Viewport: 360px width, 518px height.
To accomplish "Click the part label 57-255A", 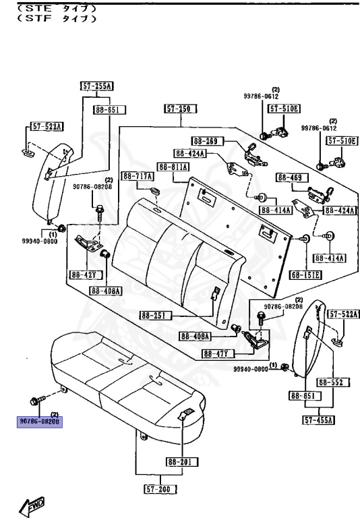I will click(97, 86).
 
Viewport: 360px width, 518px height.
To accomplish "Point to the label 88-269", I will click(205, 141).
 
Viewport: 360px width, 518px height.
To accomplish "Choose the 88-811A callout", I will click(173, 167).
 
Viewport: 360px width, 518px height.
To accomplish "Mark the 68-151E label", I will click(307, 275).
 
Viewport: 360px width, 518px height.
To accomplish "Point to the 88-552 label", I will click(331, 382).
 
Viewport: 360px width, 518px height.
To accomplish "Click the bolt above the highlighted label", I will click(38, 399).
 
